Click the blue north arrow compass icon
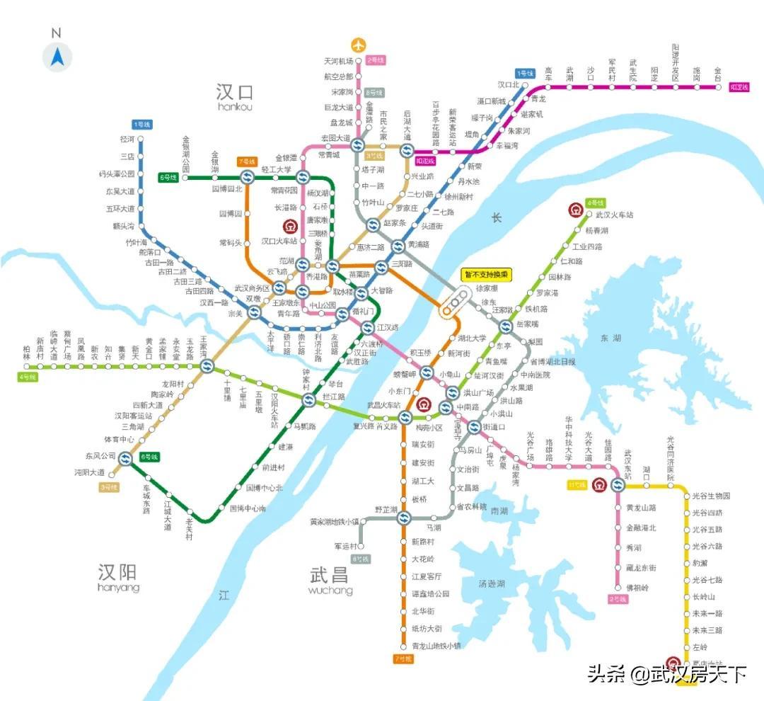[57, 57]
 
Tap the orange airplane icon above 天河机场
[359, 45]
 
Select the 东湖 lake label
[609, 338]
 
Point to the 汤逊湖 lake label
[492, 584]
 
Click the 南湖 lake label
[499, 511]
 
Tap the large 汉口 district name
[235, 92]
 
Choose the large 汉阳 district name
[118, 572]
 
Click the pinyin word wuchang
[330, 591]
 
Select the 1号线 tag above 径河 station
[141, 125]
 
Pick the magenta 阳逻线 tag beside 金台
[739, 88]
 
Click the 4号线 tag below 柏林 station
[27, 377]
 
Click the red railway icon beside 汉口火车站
[289, 227]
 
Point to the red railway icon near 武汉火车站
[575, 210]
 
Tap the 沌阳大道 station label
[90, 472]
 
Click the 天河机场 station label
[337, 62]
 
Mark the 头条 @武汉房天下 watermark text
[666, 673]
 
